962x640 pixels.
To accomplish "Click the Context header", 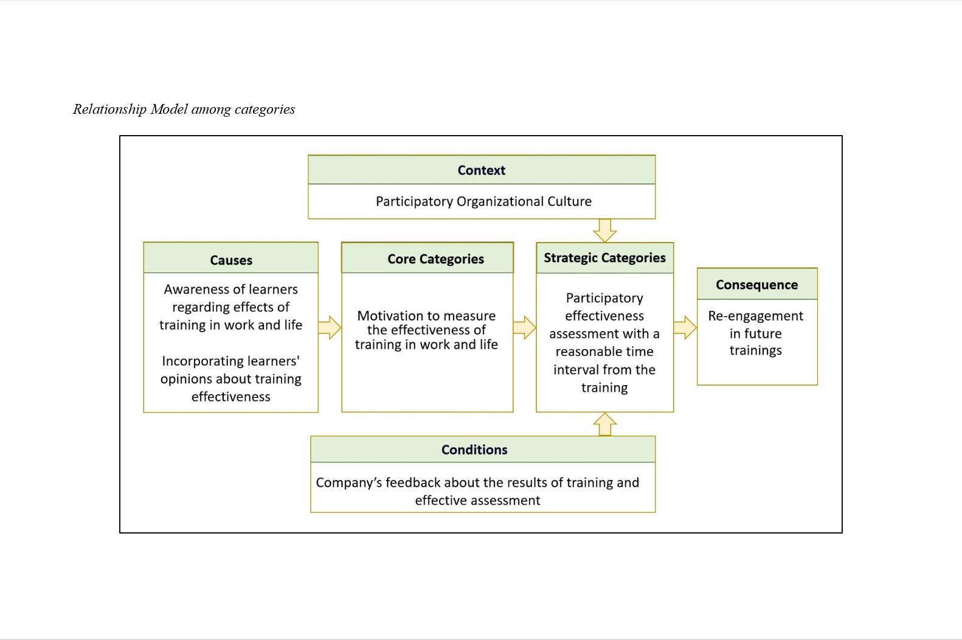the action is [x=482, y=170].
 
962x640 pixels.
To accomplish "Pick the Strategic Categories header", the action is [x=604, y=258].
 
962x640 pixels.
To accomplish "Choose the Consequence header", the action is [x=757, y=284].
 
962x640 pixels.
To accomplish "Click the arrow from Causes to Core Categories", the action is [x=330, y=328].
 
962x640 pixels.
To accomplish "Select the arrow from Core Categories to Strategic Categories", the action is [x=524, y=328].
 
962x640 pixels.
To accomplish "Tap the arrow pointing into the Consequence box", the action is [x=685, y=328].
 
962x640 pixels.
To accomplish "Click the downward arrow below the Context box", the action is [x=604, y=231].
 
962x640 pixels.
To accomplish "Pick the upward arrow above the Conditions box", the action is [x=604, y=425].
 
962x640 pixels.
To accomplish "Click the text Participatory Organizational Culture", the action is [x=483, y=201].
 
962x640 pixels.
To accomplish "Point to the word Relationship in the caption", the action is [x=110, y=110].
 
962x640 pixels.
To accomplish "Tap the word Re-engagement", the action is [x=755, y=316].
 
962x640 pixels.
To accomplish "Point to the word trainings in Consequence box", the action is [x=755, y=351].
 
